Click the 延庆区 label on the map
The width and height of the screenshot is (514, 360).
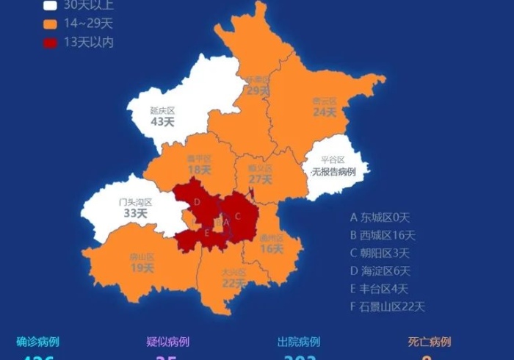tap(162, 110)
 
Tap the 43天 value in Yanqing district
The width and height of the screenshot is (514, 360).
tap(162, 122)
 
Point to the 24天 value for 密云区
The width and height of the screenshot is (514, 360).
tap(324, 112)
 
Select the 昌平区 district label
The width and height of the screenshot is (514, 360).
tap(199, 159)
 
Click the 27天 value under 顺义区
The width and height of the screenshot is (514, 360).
tap(261, 179)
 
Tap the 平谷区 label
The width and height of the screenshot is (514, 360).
tap(333, 160)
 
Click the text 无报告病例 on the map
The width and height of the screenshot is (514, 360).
tap(333, 172)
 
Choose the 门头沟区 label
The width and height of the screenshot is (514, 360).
tap(136, 202)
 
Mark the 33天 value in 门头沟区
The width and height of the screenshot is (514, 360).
tap(135, 213)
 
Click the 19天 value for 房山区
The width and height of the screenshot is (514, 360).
tap(142, 268)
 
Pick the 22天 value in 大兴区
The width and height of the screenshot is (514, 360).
tap(234, 283)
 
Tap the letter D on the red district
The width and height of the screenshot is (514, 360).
tap(197, 202)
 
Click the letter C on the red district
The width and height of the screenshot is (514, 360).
tap(237, 216)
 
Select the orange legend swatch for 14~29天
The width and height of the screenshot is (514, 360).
tap(50, 24)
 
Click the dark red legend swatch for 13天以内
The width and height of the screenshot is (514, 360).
tap(50, 43)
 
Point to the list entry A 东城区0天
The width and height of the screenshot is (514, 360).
tap(379, 217)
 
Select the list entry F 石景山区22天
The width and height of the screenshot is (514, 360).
tap(387, 306)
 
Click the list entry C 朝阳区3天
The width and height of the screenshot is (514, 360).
tap(379, 253)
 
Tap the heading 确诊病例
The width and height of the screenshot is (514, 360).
tap(37, 342)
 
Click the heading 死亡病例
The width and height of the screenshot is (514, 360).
tap(430, 342)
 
